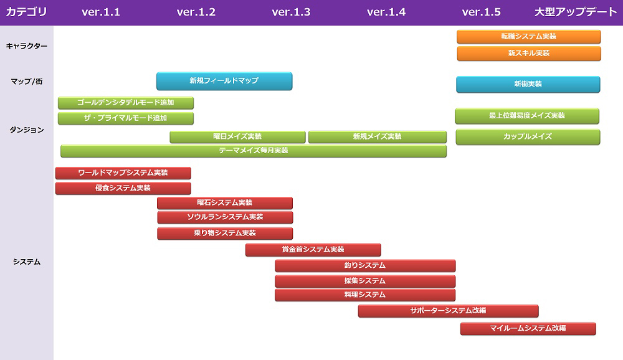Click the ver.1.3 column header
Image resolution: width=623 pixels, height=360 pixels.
[291, 12]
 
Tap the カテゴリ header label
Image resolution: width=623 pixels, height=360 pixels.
[26, 12]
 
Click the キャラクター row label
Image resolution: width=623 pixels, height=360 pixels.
[26, 45]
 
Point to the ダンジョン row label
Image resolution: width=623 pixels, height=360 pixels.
[26, 130]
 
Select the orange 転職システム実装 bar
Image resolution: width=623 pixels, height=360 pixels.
[528, 37]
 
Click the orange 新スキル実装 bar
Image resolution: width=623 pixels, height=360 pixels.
[528, 54]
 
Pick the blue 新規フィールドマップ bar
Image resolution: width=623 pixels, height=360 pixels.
[224, 81]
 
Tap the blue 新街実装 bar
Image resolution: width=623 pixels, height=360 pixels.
[528, 84]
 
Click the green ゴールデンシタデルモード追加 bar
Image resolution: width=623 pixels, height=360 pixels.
[125, 103]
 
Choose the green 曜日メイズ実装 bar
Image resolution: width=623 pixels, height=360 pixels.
[237, 137]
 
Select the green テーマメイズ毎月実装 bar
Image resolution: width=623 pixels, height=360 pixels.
[253, 151]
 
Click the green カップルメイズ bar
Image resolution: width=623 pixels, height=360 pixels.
[527, 137]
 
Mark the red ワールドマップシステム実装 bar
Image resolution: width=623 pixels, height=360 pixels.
[123, 173]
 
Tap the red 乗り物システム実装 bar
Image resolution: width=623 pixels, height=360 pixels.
[224, 234]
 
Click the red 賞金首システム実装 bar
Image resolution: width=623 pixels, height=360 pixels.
[313, 250]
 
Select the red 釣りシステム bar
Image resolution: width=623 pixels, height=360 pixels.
[365, 266]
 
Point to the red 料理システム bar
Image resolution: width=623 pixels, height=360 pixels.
[365, 295]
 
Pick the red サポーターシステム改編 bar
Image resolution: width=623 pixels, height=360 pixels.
[448, 311]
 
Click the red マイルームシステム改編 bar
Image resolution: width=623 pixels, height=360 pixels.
[528, 328]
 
